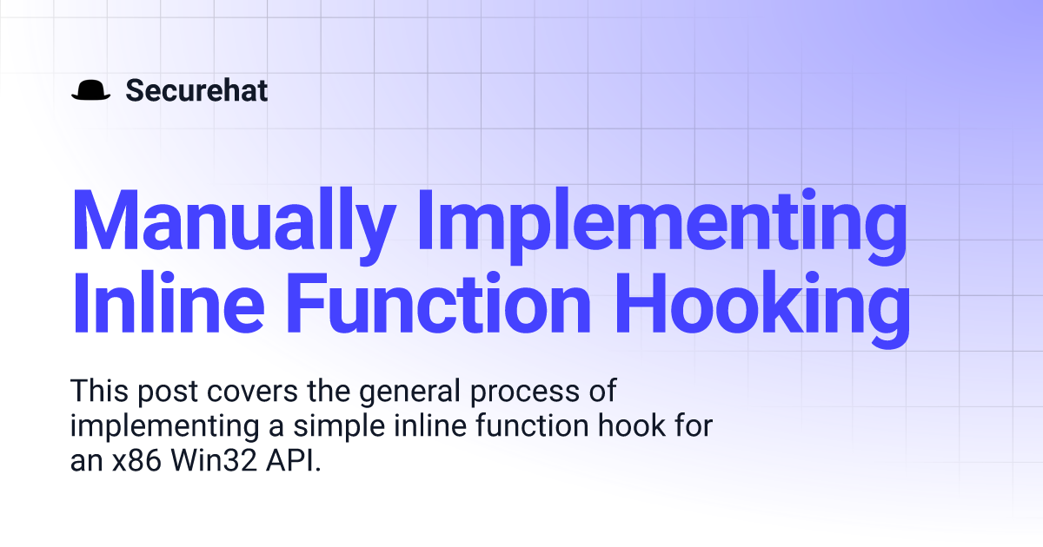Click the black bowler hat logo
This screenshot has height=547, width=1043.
pos(90,89)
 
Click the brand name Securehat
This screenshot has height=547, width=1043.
pos(196,90)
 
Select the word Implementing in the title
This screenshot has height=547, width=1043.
pos(662,227)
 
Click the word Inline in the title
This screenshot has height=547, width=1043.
pos(168,302)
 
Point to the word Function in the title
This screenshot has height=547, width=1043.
pos(439,302)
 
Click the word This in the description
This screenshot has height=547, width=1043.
pos(99,390)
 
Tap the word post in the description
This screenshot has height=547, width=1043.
pos(168,392)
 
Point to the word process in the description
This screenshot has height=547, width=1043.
pos(525,394)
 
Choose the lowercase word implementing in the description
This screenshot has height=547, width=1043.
pos(164,428)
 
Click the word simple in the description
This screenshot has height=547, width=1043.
pos(339,428)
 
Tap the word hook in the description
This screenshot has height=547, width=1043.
pos(631,425)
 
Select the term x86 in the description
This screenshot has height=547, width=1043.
pos(136,460)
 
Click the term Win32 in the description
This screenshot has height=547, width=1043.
pos(214,460)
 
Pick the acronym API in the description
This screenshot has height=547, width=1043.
pos(289,460)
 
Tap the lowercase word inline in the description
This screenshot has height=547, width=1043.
pos(430,425)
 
